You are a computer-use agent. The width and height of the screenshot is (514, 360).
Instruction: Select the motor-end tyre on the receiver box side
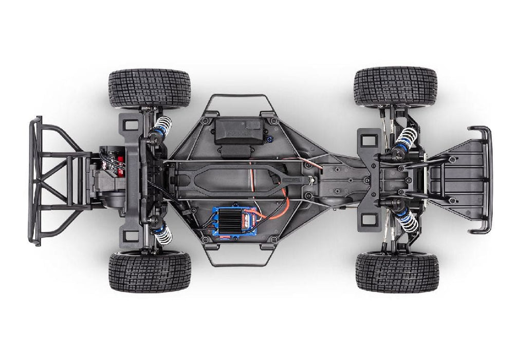pos(149,88)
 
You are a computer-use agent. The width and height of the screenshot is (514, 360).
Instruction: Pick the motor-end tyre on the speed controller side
pos(150,271)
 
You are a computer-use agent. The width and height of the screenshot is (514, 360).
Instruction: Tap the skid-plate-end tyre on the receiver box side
pos(395,86)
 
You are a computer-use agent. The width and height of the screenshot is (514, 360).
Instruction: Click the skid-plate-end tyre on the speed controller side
pos(397,272)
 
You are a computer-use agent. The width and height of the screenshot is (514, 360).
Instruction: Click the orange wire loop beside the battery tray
pos(283,203)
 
